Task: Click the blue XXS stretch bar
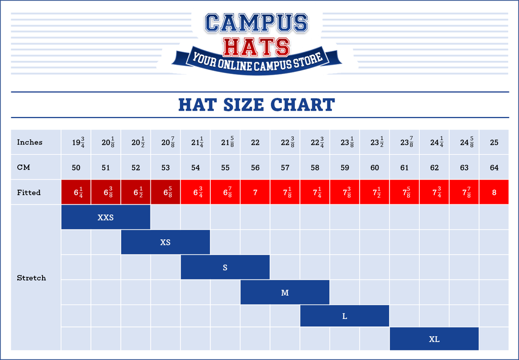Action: point(105,218)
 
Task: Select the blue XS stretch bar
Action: point(165,242)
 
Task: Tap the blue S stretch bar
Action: point(225,267)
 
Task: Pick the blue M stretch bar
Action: point(285,292)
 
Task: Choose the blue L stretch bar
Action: point(345,316)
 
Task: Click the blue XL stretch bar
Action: point(434,339)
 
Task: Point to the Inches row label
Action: point(29,142)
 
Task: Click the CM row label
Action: point(23,167)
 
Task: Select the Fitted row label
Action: point(28,193)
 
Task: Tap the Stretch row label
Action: point(31,278)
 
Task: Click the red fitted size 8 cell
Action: point(494,192)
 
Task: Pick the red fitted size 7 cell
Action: point(255,192)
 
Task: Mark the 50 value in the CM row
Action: point(76,168)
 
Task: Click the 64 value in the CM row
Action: point(494,168)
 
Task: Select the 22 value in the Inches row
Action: point(255,142)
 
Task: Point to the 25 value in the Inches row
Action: point(494,142)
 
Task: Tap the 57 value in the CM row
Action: point(285,168)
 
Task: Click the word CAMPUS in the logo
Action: point(256,23)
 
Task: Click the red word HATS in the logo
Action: point(256,47)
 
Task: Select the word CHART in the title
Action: point(303,105)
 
